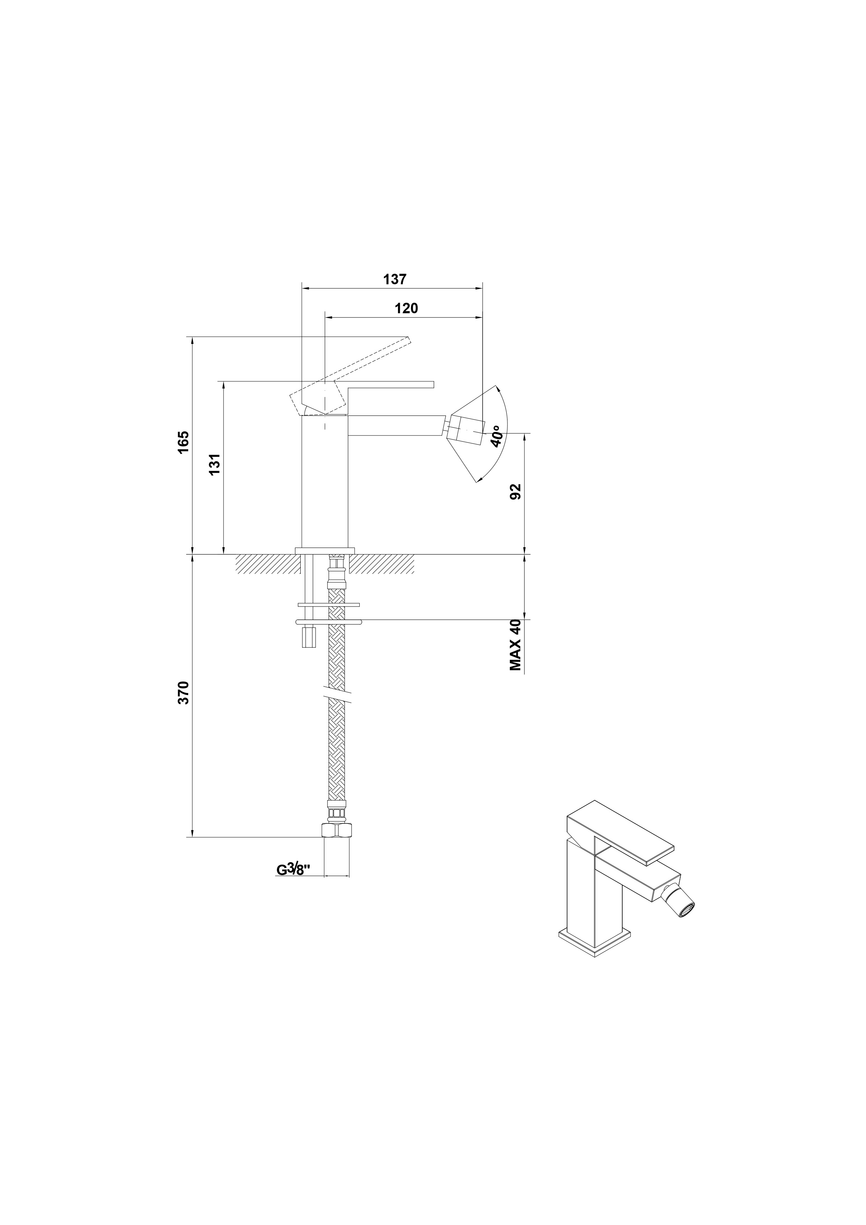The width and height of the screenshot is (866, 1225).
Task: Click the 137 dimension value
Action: point(395,279)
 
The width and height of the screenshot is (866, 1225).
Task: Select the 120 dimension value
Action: point(406,308)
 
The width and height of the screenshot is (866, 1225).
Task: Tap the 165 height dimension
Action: point(183,442)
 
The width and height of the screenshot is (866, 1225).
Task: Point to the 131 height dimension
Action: point(214,465)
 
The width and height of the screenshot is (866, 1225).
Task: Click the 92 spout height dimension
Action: point(515,491)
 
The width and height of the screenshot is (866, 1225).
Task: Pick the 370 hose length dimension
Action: point(183,692)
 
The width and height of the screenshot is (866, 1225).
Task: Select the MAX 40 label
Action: point(515,645)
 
